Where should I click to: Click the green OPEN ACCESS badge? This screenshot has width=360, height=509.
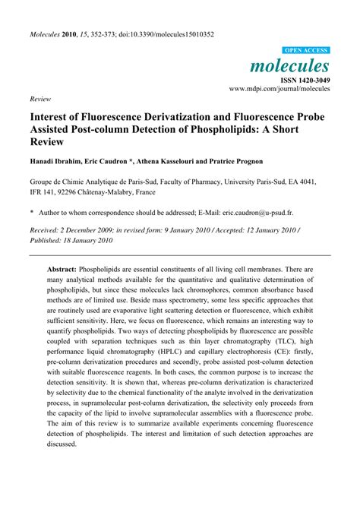pos(306,49)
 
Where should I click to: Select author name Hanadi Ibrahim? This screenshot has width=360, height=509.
pos(60,163)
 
